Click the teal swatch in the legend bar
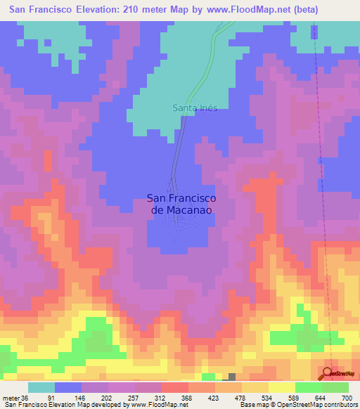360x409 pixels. point(41,387)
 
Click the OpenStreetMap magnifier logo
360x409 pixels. point(327,373)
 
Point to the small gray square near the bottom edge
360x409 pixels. point(232,377)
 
